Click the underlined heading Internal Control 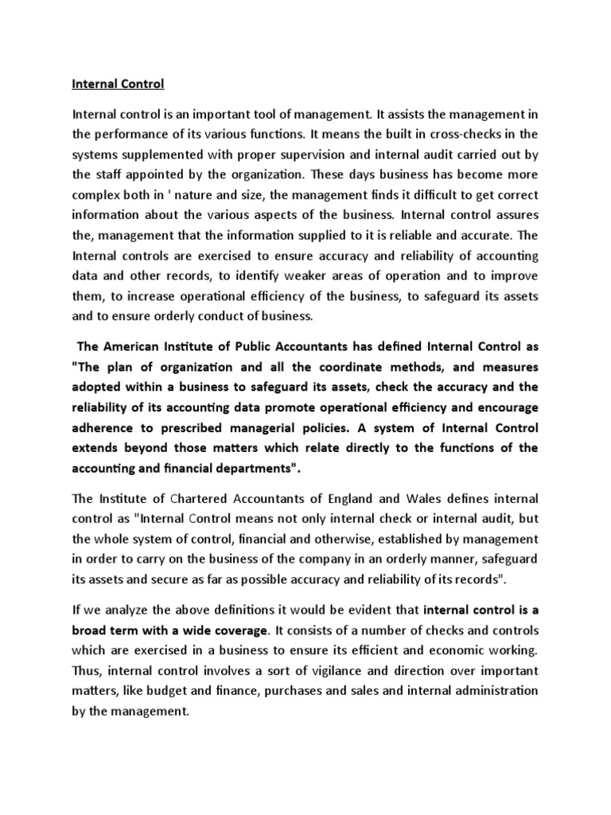[117, 82]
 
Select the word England [351, 498]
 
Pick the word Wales [424, 498]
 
